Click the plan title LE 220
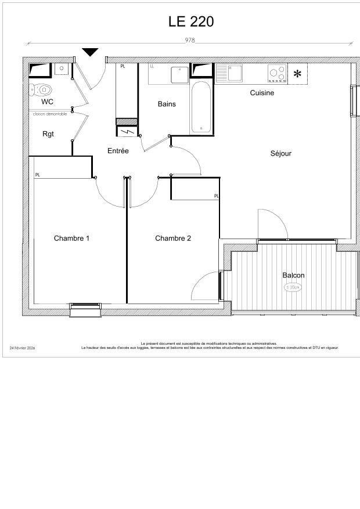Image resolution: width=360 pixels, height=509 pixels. (x=191, y=22)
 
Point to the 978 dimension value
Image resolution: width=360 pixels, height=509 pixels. (x=190, y=41)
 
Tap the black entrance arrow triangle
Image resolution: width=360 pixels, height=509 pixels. (x=90, y=52)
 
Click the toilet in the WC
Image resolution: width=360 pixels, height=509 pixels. (x=41, y=89)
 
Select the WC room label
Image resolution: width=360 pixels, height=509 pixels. (x=48, y=102)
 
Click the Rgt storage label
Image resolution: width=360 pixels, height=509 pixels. (x=48, y=134)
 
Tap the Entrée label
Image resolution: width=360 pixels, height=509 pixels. (x=118, y=151)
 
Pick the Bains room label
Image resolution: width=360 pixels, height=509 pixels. (x=167, y=104)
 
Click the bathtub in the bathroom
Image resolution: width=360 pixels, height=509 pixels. (x=201, y=107)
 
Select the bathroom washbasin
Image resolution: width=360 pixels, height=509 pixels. (x=179, y=74)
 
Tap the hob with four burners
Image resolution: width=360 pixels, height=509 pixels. (x=277, y=74)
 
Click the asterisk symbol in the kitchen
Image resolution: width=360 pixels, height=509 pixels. (x=297, y=74)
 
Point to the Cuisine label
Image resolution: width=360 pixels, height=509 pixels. (x=262, y=93)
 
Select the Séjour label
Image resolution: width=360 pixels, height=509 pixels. (x=280, y=154)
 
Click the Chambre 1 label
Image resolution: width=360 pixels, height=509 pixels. (x=71, y=239)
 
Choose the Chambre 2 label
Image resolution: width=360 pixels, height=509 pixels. (x=173, y=239)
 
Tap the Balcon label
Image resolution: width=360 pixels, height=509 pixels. (x=293, y=275)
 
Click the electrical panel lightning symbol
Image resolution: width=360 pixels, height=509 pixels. (x=127, y=131)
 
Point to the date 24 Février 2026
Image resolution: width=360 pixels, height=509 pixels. (x=22, y=348)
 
